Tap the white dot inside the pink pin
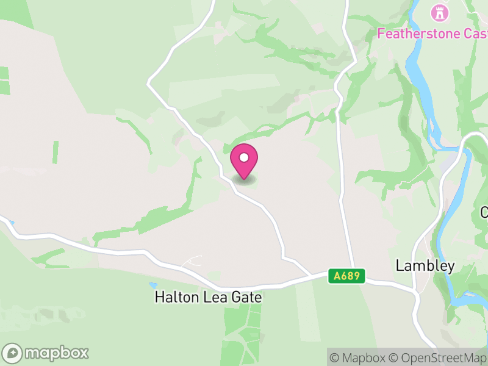(x=244, y=157)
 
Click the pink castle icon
(x=438, y=12)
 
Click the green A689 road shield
(x=348, y=276)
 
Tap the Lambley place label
(x=425, y=266)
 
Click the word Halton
(x=174, y=298)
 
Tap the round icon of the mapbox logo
(x=13, y=353)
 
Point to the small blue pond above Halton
(x=152, y=284)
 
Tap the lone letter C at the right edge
(x=484, y=212)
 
